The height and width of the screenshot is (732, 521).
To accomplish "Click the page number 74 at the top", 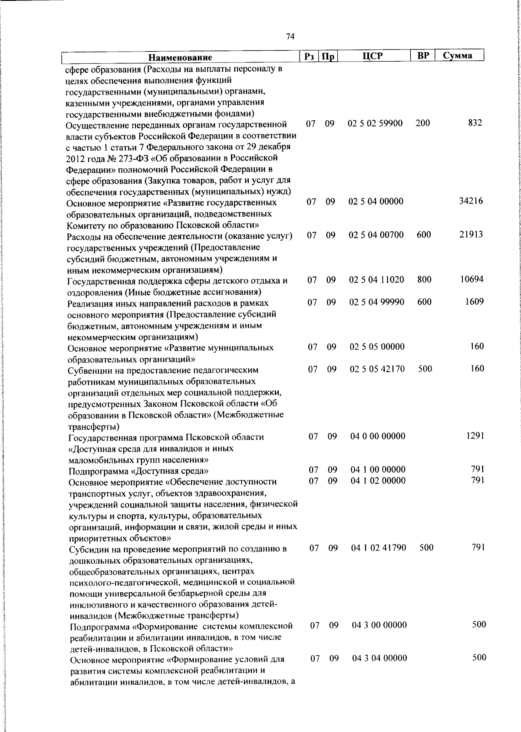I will [x=290, y=37].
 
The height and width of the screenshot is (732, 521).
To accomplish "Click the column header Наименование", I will [x=180, y=57].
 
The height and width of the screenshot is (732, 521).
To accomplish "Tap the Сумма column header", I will [x=458, y=56].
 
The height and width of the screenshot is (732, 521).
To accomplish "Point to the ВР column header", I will [x=423, y=56].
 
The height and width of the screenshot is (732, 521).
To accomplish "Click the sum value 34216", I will [x=471, y=201].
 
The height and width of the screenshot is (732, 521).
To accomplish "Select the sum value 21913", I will [x=471, y=234].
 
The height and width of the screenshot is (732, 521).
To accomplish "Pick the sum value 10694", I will [x=472, y=279].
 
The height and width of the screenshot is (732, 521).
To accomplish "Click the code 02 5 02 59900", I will [x=375, y=123].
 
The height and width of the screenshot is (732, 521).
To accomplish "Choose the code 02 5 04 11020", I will [x=376, y=280].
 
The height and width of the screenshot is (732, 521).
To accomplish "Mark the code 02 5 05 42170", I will [x=377, y=369].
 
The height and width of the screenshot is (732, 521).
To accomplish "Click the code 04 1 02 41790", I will [x=379, y=548].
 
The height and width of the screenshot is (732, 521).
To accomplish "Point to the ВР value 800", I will [x=424, y=280].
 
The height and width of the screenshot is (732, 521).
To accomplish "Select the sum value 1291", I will [x=475, y=435].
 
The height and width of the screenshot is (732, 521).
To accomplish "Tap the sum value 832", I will [x=475, y=123].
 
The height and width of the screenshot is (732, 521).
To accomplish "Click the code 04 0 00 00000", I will [x=378, y=436].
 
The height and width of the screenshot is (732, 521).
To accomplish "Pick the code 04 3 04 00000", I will [x=380, y=658].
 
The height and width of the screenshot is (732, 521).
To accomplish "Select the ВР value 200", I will [x=422, y=123].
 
